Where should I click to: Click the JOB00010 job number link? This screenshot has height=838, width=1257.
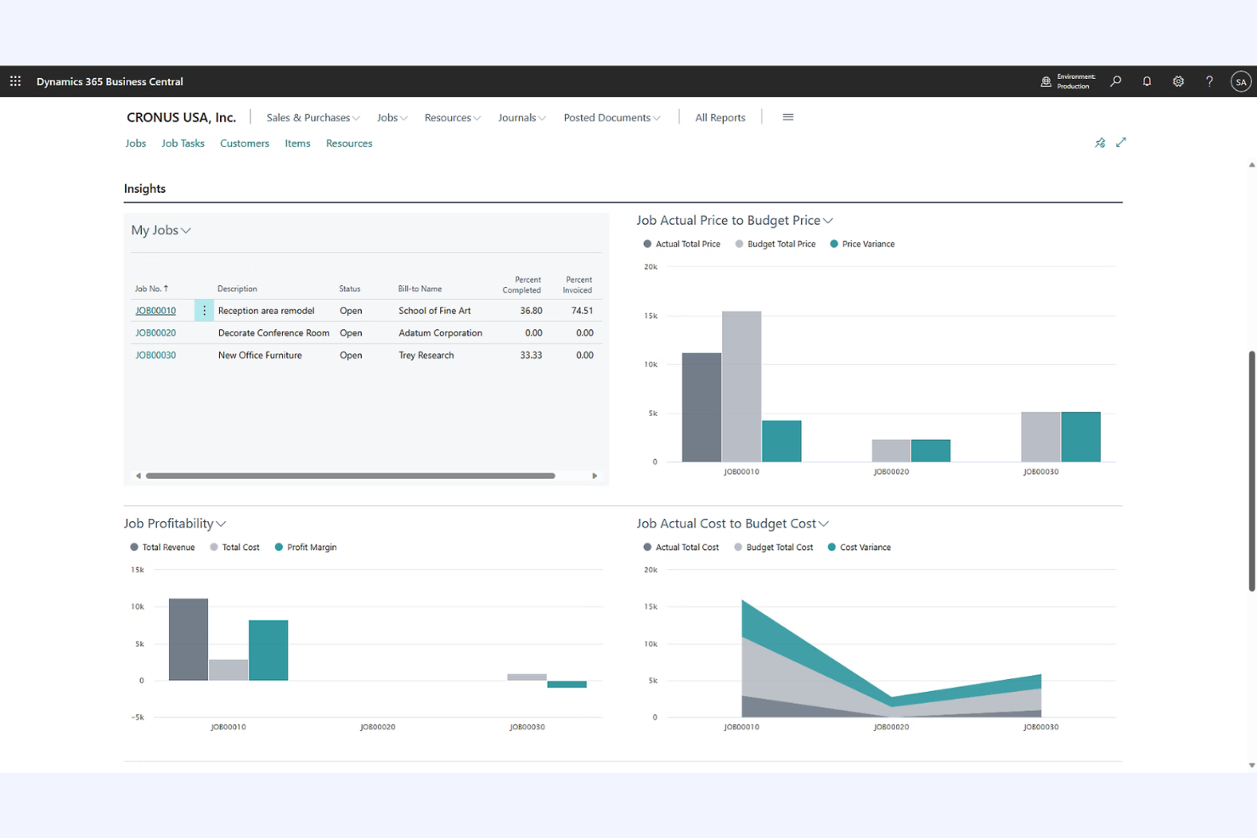click(155, 311)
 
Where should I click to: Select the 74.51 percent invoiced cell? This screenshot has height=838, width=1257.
click(582, 311)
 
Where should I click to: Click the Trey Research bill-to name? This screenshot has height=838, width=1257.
click(426, 356)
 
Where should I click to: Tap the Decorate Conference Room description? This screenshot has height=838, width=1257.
click(273, 334)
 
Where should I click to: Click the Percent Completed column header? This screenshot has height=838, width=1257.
click(521, 285)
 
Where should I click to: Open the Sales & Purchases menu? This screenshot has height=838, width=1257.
click(313, 118)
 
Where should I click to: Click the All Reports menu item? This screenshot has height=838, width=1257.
click(719, 118)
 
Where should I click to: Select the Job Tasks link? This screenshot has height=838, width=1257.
click(183, 143)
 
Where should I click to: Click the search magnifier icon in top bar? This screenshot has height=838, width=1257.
click(1115, 82)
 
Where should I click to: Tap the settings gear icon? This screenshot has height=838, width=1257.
click(1178, 82)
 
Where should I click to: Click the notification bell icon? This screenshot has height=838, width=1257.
click(1147, 82)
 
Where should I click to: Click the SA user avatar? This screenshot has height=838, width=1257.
click(1241, 82)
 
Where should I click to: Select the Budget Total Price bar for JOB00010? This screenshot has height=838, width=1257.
click(741, 386)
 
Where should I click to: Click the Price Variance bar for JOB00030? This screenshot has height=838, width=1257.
click(1080, 436)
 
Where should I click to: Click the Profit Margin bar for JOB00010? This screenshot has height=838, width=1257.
click(268, 650)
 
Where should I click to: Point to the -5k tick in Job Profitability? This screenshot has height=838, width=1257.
click(138, 717)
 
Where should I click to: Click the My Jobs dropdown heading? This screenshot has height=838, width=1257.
click(161, 231)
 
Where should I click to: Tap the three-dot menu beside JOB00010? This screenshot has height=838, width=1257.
click(204, 311)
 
